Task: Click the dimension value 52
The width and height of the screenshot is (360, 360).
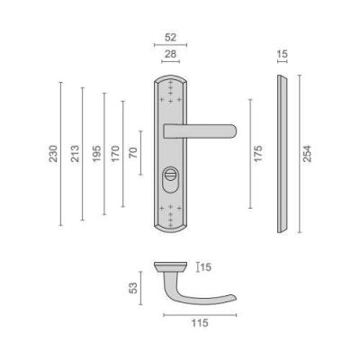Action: pos(170,38)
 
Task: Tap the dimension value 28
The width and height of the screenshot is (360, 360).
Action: pos(170,54)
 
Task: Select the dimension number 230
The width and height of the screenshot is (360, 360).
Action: pos(53,154)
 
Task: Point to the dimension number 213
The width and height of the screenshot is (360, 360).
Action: pos(75,154)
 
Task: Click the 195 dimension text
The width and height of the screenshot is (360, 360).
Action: pos(96,154)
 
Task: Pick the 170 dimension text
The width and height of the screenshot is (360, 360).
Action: pos(115,154)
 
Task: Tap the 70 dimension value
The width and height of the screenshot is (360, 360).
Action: pos(133,153)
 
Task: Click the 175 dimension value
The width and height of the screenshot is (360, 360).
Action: pos(258,154)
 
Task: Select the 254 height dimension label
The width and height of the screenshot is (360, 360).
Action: pos(307,154)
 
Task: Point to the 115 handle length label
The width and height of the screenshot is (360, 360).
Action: pos(200,323)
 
